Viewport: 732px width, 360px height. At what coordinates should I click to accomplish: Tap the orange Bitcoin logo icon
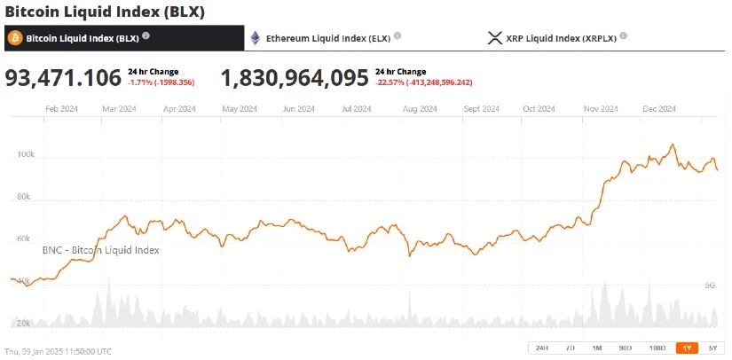[14, 38]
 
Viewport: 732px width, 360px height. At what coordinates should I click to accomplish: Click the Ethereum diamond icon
[256, 38]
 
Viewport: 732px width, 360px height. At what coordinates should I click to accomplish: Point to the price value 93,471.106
[63, 78]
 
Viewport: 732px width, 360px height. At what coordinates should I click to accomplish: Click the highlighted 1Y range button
[686, 348]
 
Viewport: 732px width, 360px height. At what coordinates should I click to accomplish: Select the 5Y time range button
[712, 348]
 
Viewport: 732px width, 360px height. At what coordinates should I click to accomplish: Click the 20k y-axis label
[25, 323]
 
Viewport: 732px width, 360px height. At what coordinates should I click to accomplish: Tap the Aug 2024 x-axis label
[420, 109]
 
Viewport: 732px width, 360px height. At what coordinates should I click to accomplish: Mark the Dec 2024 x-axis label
[659, 109]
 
